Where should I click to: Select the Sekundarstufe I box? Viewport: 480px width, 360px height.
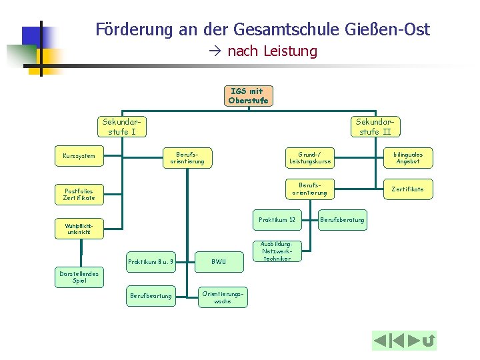tap(121, 126)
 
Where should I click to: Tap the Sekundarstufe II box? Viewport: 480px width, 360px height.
tap(375, 126)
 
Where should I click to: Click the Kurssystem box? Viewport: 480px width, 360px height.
tap(79, 157)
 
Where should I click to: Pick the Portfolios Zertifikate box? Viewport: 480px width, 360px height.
tap(79, 193)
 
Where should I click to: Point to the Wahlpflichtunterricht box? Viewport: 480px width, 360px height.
tap(79, 229)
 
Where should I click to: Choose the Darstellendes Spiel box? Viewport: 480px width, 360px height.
tap(79, 277)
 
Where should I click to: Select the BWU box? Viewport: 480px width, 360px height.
tap(219, 262)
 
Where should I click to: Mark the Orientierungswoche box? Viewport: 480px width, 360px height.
tap(223, 297)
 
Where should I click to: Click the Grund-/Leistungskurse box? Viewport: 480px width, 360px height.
tap(310, 157)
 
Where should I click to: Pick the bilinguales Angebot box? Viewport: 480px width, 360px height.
tap(407, 157)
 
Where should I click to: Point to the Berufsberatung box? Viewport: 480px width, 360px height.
tap(343, 219)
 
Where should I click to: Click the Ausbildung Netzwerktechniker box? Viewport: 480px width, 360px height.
tap(277, 251)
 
